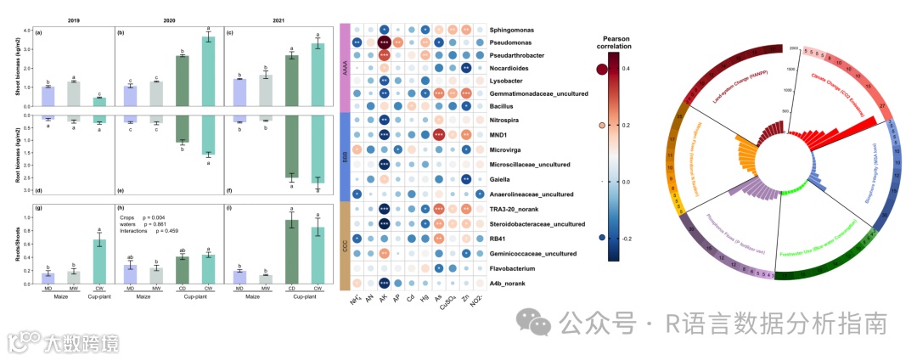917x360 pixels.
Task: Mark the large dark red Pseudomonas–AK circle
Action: click(384, 42)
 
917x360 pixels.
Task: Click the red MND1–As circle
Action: click(439, 134)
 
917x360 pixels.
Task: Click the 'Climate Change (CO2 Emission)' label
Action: click(827, 84)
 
